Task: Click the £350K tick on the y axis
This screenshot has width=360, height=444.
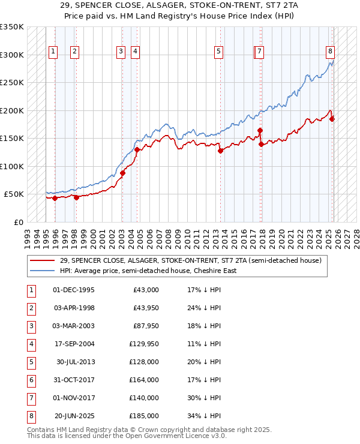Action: (12, 27)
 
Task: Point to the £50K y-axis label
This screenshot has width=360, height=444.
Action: (14, 194)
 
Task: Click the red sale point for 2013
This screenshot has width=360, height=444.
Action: (220, 151)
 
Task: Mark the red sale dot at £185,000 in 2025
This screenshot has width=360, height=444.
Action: (332, 119)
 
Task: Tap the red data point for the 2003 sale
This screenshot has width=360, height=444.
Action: (122, 173)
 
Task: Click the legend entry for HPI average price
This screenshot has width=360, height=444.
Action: (148, 271)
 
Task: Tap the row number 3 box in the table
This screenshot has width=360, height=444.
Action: (31, 326)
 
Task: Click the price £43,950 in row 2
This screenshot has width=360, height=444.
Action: (146, 308)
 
